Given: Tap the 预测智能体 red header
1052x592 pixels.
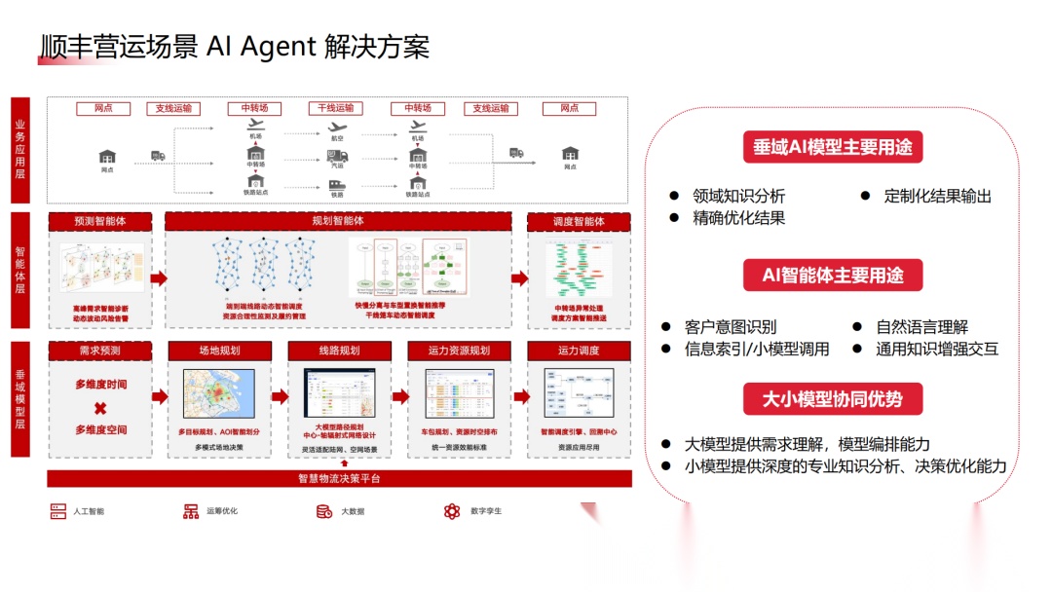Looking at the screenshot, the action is tap(100, 222).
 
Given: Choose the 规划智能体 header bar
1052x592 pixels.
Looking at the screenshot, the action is tap(337, 222).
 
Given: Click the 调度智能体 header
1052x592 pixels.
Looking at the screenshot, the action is tap(579, 222).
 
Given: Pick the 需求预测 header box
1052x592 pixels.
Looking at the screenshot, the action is tap(100, 351).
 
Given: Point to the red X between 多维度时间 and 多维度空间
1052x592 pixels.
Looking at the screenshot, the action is tap(100, 408).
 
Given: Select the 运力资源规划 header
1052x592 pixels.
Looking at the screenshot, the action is tap(458, 351).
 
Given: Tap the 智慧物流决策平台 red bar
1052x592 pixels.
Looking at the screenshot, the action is tap(339, 478).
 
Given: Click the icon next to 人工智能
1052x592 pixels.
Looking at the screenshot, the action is tap(58, 511).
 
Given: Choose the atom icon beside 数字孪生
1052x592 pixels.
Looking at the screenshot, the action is tap(451, 511).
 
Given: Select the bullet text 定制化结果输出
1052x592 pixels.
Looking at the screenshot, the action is tap(937, 196).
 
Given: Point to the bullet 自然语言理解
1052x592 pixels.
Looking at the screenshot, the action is tap(921, 328).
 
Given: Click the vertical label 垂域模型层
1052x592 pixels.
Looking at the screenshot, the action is tap(20, 399).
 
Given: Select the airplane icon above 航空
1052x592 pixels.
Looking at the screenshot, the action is tap(338, 127).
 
